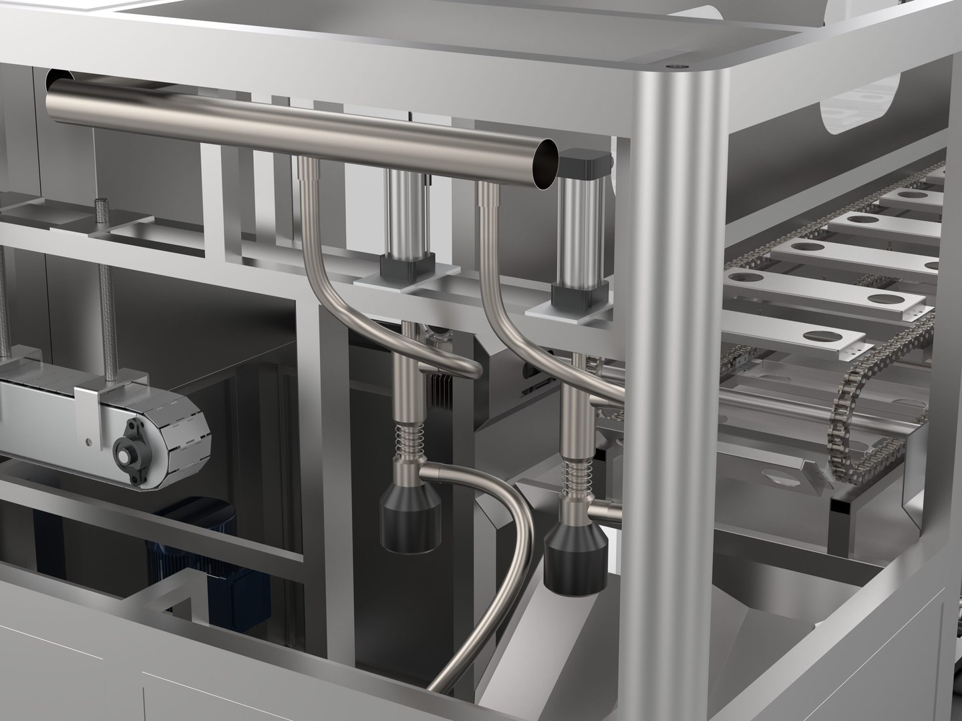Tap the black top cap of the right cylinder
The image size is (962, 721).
586,162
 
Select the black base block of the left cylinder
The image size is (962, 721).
399,270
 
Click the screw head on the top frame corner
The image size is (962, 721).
678,67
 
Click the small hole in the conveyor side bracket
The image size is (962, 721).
86,441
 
